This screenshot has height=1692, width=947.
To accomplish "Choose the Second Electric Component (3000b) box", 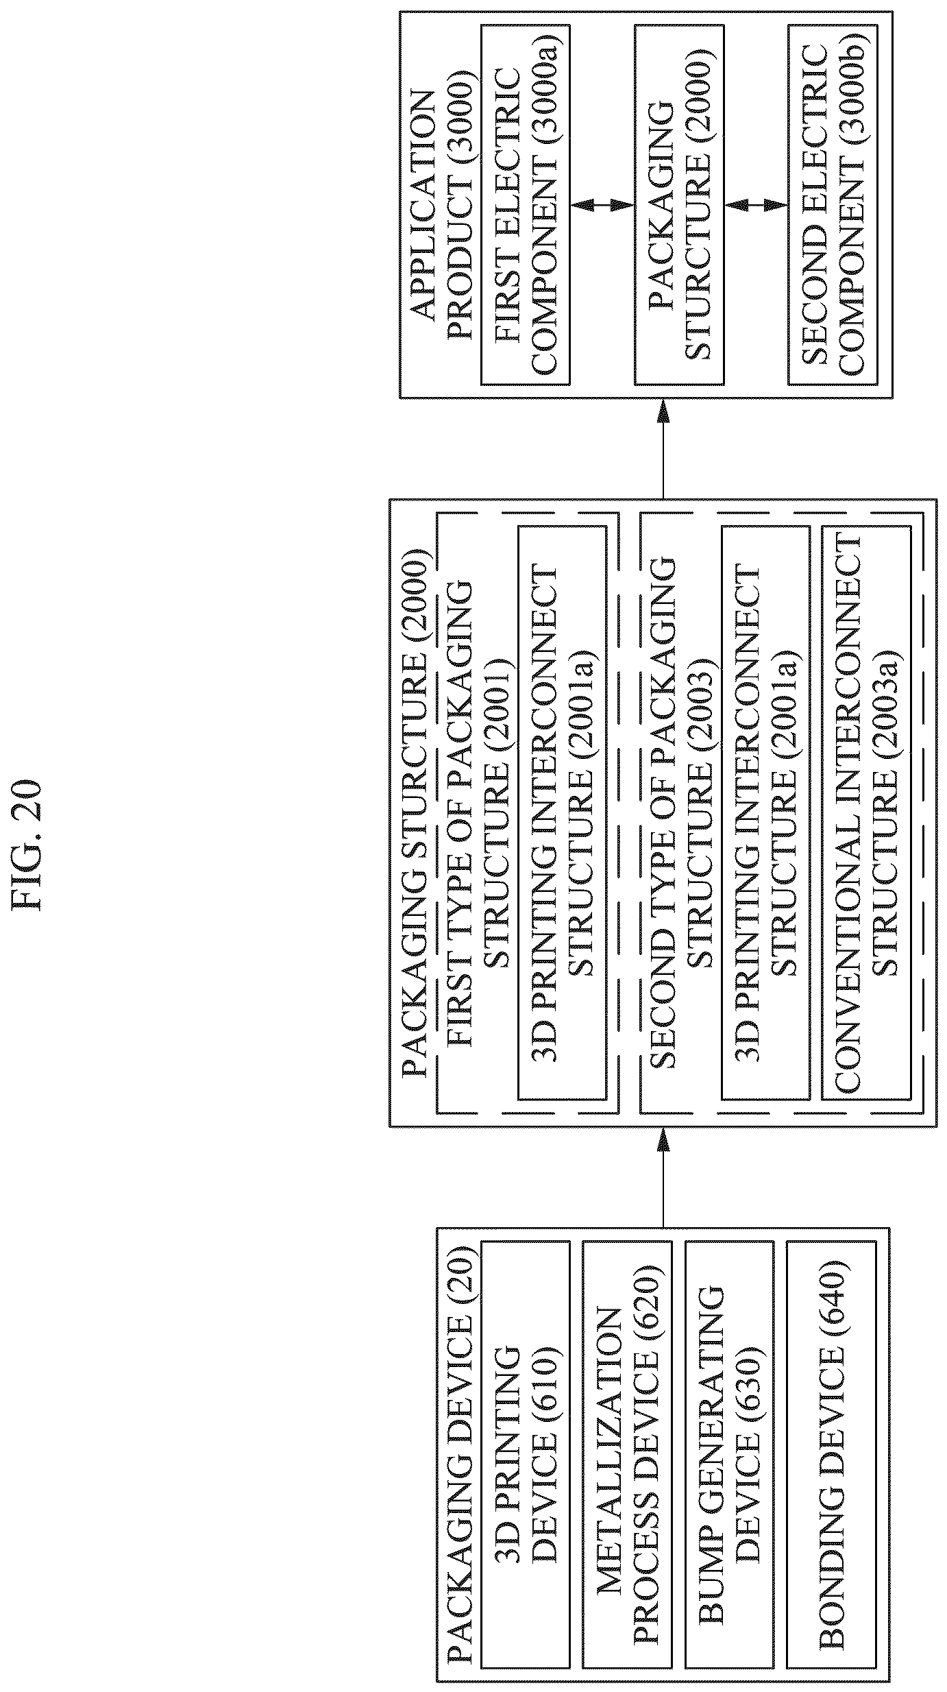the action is [x=833, y=204].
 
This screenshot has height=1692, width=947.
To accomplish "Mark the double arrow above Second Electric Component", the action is [x=756, y=204].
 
